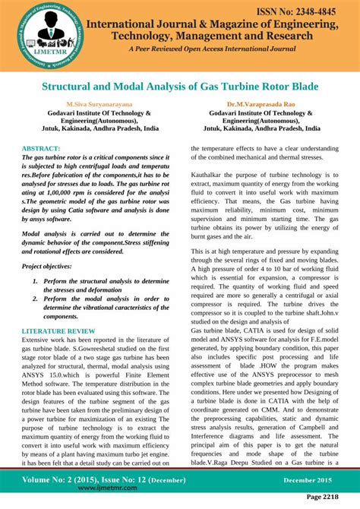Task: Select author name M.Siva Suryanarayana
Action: coord(98,103)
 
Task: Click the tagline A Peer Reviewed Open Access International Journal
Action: coord(213,49)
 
